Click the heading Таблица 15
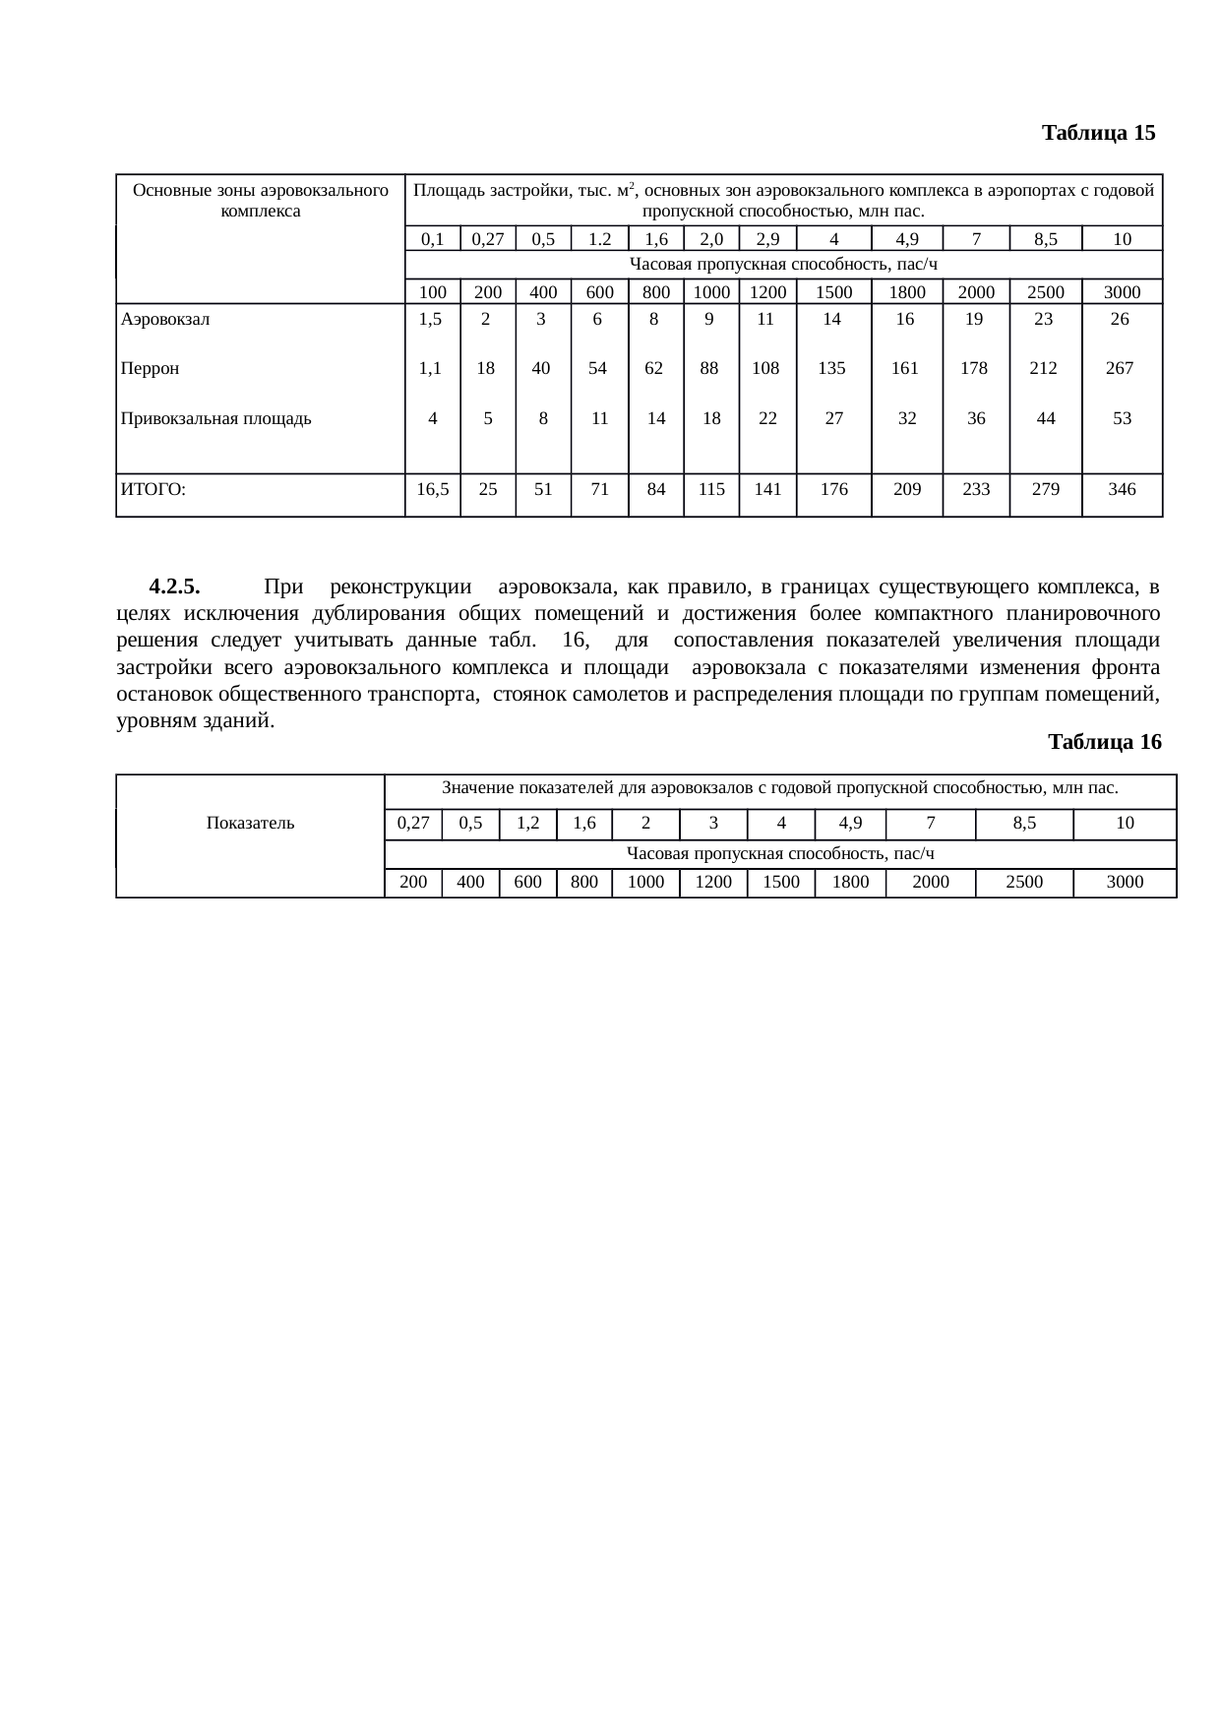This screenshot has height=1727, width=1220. coord(1098,133)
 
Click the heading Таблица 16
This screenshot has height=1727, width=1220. coord(1104,742)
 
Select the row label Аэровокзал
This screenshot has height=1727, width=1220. coord(164,319)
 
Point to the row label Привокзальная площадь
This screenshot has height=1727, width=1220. coord(215,418)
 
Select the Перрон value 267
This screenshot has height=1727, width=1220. coord(1120,369)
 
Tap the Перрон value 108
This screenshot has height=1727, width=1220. coord(765,369)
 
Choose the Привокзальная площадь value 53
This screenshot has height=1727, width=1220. coord(1122,418)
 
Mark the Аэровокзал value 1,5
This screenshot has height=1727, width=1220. coord(430,319)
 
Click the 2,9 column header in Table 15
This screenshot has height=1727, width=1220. coord(766,239)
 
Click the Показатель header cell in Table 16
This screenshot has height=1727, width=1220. coord(250,823)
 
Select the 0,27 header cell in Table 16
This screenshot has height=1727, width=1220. coord(413,823)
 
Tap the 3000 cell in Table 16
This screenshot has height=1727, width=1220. coord(1125,883)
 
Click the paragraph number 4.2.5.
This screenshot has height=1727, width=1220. coord(174,587)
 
